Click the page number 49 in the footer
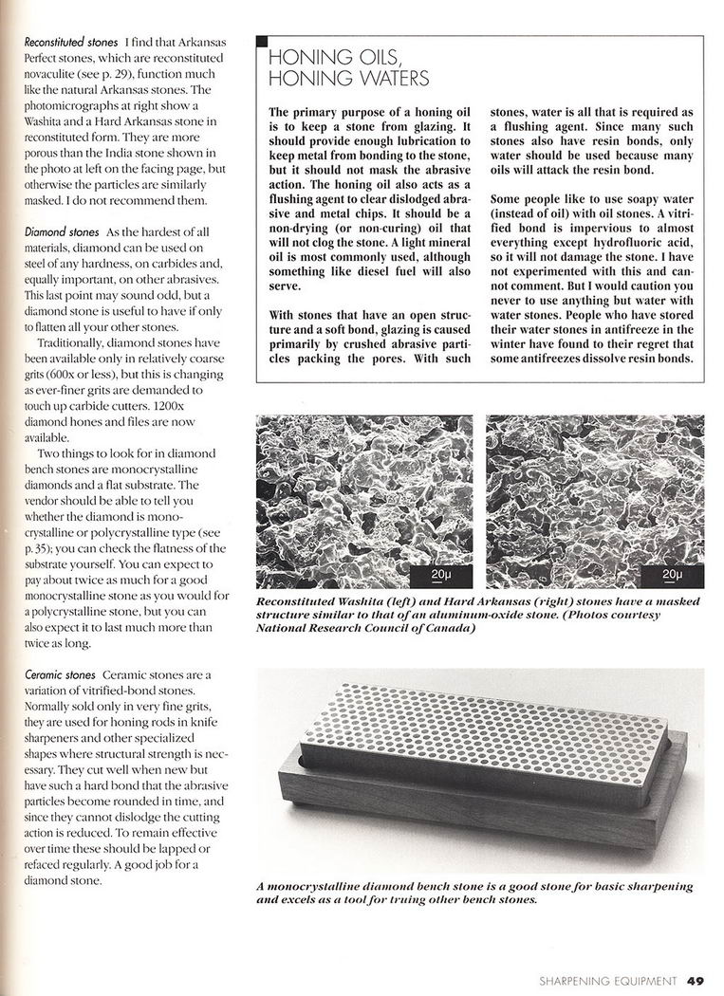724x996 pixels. (x=696, y=981)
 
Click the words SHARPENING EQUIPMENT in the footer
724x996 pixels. (x=607, y=981)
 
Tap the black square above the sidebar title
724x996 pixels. (x=262, y=42)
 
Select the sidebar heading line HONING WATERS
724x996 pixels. (x=349, y=78)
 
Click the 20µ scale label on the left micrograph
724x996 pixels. (x=439, y=575)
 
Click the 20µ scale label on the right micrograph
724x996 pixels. (x=672, y=575)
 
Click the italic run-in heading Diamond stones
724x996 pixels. (x=58, y=232)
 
